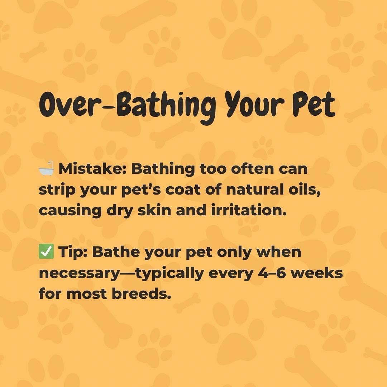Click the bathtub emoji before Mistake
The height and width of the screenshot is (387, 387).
tap(46, 168)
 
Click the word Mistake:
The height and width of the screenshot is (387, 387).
tap(92, 169)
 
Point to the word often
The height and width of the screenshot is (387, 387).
tap(253, 169)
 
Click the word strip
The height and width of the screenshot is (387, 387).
tap(57, 190)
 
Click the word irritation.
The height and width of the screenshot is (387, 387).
tap(249, 211)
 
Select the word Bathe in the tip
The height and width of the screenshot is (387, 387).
tap(116, 252)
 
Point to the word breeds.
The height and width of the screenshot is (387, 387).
tap(142, 294)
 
